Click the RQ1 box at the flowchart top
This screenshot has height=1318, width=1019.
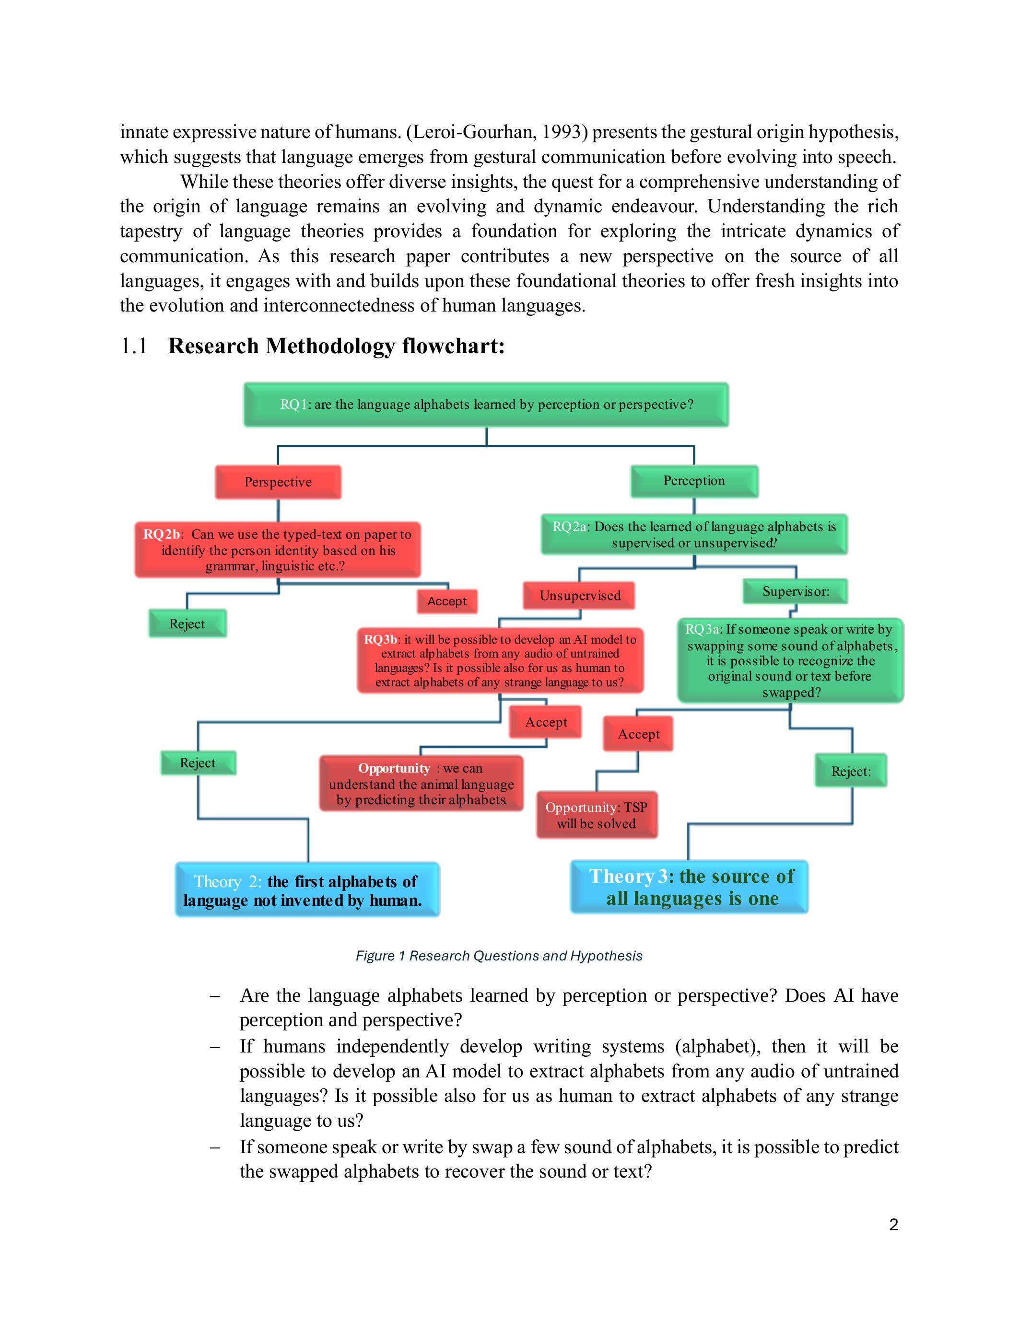(486, 405)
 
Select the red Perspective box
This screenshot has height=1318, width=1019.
(278, 482)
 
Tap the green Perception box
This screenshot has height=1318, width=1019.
(694, 481)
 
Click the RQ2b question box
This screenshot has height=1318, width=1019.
(278, 550)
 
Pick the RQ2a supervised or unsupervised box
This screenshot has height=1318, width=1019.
(694, 535)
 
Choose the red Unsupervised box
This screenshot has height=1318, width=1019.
(580, 596)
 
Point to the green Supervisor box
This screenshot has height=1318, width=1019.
(795, 591)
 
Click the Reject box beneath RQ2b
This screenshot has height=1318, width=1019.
(187, 624)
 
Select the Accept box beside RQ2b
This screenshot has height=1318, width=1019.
(447, 601)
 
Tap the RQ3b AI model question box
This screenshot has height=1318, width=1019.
(500, 660)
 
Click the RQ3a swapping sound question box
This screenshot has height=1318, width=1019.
(790, 660)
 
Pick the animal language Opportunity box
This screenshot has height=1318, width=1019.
(422, 783)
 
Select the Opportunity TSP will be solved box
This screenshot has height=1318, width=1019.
(597, 815)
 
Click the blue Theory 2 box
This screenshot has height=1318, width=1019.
(307, 890)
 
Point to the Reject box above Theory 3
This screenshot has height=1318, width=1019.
(851, 771)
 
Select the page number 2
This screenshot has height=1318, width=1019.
(893, 1225)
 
